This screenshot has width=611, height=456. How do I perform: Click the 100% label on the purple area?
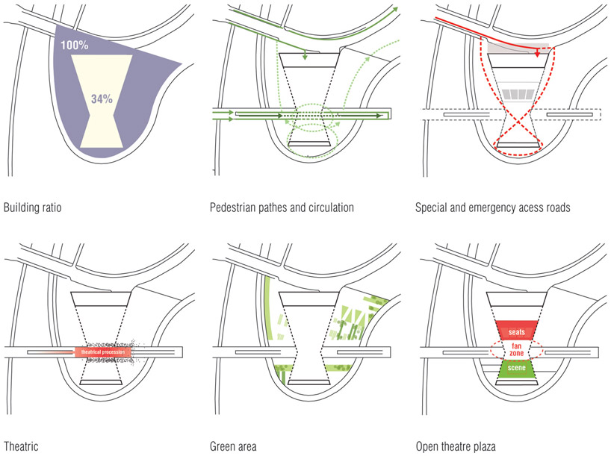tap(75, 46)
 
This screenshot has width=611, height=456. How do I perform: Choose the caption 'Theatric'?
tap(20, 446)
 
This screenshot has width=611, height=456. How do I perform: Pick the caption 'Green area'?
tap(233, 446)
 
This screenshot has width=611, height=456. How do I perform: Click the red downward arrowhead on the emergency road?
tap(537, 54)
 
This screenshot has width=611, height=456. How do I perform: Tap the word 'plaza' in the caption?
tap(483, 446)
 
